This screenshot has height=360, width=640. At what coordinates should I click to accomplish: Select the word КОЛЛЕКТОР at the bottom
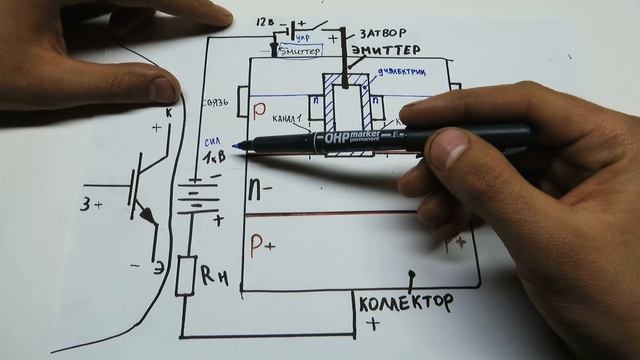point(404,301)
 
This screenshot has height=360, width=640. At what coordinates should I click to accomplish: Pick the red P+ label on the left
point(263,246)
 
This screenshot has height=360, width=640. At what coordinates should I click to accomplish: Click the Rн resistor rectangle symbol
point(185,274)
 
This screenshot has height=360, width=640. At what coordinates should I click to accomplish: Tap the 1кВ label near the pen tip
point(213,159)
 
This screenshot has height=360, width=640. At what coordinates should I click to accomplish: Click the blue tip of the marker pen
point(237,148)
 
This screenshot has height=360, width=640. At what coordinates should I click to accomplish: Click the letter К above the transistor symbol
point(166,114)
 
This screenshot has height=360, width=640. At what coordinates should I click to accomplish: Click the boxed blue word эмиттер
point(303,47)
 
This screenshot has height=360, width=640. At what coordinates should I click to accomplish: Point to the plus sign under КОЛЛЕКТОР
point(375,324)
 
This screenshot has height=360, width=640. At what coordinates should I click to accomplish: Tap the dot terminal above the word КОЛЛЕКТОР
point(410,274)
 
